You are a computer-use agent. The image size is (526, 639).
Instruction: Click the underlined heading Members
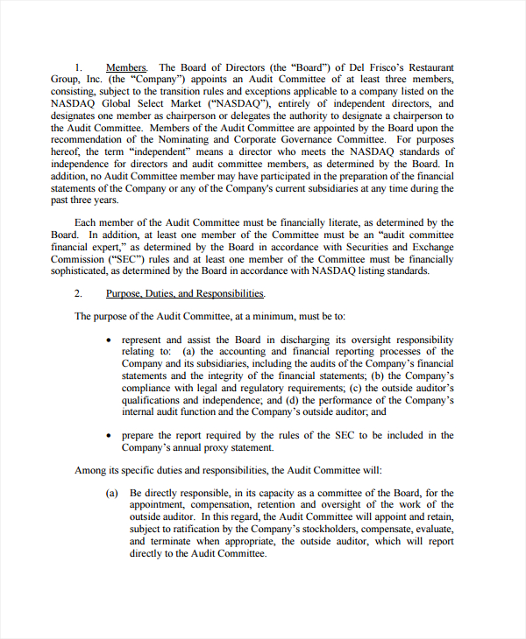click(126, 67)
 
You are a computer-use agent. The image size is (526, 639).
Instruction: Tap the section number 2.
click(78, 294)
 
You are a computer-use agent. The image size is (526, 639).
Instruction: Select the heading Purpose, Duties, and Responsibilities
click(185, 294)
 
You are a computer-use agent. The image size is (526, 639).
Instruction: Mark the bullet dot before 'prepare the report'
click(108, 435)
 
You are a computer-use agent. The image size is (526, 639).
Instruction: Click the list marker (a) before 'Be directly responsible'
click(112, 494)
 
